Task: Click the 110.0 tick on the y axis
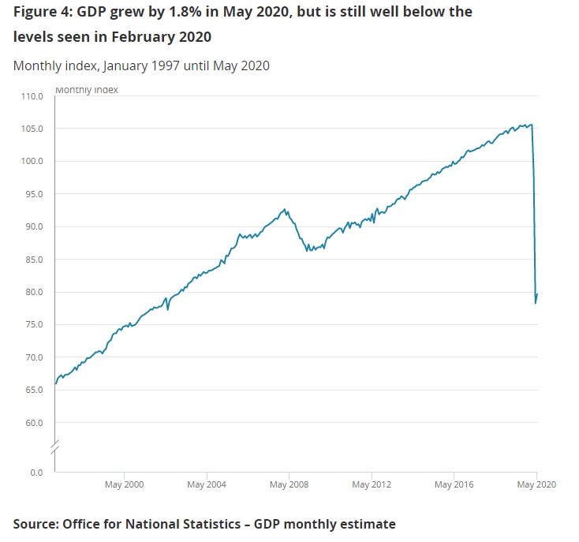click(32, 96)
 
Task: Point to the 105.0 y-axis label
click(32, 129)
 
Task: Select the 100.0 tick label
click(32, 161)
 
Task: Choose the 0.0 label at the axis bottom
click(37, 473)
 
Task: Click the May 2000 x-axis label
click(124, 484)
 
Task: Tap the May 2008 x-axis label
click(289, 484)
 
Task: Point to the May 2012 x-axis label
click(371, 484)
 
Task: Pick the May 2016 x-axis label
click(454, 484)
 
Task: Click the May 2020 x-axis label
click(536, 484)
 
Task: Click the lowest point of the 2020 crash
click(536, 303)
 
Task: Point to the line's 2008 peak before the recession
click(286, 209)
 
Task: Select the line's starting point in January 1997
click(55, 383)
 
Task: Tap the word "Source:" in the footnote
click(36, 524)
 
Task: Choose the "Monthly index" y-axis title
click(87, 90)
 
